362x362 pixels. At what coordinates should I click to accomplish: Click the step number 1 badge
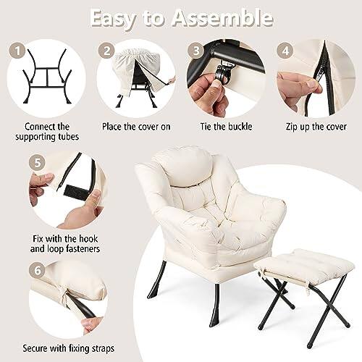click(17, 51)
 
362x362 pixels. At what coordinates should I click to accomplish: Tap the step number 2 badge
click(107, 51)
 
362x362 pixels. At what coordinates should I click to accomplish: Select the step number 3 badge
click(196, 51)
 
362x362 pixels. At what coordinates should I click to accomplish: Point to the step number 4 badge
click(285, 51)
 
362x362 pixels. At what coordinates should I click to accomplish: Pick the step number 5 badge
click(38, 163)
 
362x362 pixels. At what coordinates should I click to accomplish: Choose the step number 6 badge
click(38, 270)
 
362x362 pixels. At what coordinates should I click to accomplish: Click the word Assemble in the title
click(222, 18)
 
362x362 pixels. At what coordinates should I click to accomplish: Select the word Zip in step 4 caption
click(292, 127)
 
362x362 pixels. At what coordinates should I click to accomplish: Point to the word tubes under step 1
click(68, 137)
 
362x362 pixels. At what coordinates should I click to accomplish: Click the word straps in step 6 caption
click(104, 349)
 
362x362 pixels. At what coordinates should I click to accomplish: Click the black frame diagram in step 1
click(47, 76)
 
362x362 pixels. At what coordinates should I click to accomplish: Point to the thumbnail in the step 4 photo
click(313, 84)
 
